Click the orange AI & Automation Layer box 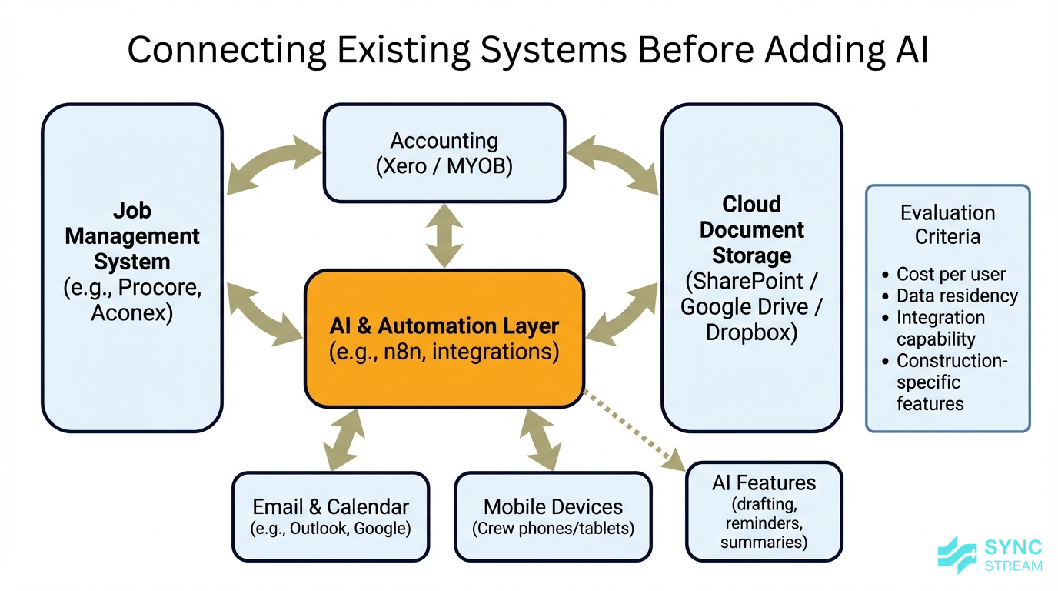(444, 339)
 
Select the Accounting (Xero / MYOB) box (444, 153)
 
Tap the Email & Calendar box (331, 516)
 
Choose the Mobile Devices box (553, 516)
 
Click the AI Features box (764, 512)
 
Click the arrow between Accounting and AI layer (444, 235)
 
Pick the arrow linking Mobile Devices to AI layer (541, 439)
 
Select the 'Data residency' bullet (957, 295)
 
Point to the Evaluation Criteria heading (947, 225)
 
